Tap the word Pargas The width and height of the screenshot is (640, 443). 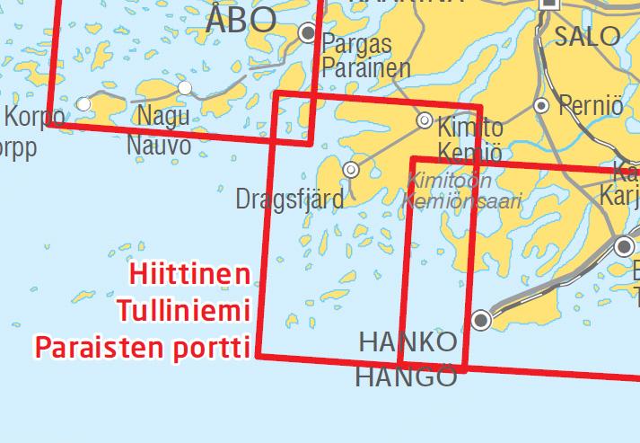(357, 43)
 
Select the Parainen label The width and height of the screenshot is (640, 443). (366, 67)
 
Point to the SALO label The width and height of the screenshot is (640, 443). (588, 36)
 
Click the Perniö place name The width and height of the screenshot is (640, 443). (590, 105)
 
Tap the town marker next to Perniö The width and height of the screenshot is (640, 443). (541, 106)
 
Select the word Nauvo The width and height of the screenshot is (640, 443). (159, 144)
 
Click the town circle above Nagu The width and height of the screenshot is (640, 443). (185, 88)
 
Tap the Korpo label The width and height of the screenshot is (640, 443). (34, 117)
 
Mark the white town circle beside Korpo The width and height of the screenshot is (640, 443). (83, 104)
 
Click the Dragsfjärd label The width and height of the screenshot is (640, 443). (289, 199)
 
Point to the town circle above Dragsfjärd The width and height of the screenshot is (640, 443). (351, 169)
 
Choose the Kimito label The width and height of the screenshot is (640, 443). (470, 127)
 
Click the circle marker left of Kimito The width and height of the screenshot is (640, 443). (425, 120)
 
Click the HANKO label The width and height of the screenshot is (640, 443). (408, 342)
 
